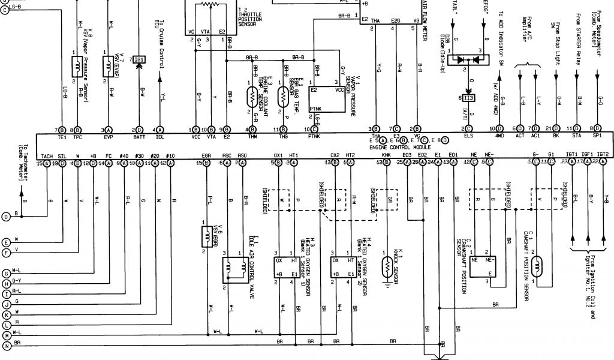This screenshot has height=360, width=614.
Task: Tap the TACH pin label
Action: click(47, 155)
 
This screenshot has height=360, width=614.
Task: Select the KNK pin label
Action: click(378, 155)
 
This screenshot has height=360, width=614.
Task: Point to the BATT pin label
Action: click(139, 137)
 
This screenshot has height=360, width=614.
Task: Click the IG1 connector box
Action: click(139, 59)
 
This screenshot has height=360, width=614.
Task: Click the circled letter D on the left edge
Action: click(7, 216)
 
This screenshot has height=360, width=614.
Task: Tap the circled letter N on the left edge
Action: click(7, 346)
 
